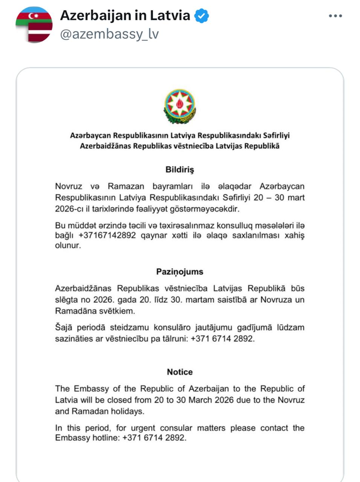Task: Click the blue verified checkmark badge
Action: coord(201,16)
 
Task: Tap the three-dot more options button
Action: coord(335,16)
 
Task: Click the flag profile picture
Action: coord(34,24)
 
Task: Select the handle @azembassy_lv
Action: coord(109,34)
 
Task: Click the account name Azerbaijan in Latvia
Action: coord(125,15)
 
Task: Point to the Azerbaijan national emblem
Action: coord(180,107)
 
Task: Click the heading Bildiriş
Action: coord(180,169)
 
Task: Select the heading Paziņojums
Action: coord(180,272)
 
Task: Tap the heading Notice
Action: coord(180,372)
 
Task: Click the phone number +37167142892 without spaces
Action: coord(107,236)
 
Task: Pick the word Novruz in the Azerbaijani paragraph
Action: coord(69,186)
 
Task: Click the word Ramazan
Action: coord(126,186)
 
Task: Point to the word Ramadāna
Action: coord(74,311)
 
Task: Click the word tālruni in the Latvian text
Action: coord(175,339)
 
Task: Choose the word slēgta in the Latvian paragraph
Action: coord(67,300)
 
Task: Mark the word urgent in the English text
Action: coord(143,428)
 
